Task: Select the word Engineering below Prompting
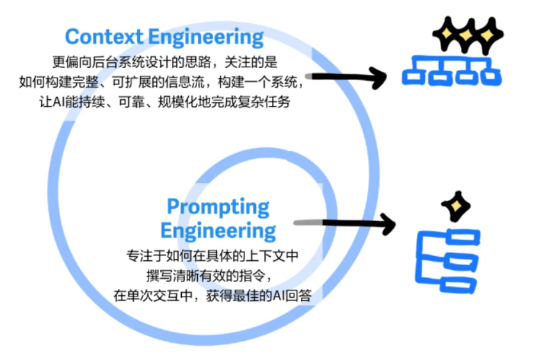tap(218, 230)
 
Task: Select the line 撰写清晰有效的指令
tap(211, 276)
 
